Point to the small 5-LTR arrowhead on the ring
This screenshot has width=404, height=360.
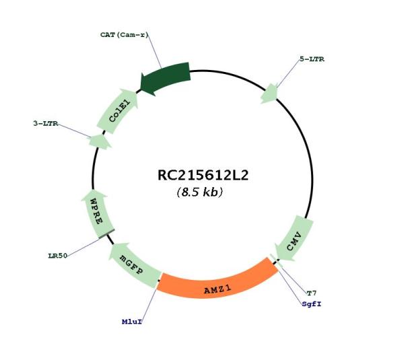click(269, 94)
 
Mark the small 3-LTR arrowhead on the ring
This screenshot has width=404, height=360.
click(100, 141)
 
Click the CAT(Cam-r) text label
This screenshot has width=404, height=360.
click(124, 35)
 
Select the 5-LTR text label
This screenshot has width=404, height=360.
click(312, 59)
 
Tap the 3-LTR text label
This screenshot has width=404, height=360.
click(46, 123)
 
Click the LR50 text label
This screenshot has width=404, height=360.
click(58, 256)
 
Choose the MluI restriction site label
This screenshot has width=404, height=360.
click(132, 322)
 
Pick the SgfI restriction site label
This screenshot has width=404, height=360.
click(312, 304)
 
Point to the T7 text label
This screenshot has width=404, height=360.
click(312, 293)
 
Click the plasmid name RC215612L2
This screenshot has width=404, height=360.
click(203, 176)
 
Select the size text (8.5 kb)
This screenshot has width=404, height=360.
click(200, 192)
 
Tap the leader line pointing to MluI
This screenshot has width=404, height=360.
click(149, 304)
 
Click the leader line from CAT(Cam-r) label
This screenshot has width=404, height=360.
click(154, 52)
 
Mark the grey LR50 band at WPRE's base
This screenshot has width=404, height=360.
click(106, 233)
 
